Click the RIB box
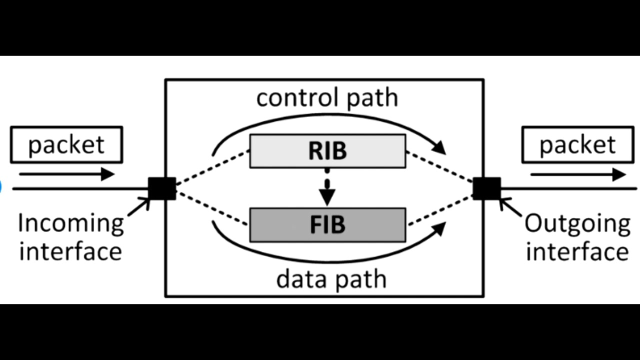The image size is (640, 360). (x=327, y=151)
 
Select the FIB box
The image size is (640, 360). (x=327, y=225)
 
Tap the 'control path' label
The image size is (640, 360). (x=327, y=98)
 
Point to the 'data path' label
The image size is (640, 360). (x=331, y=279)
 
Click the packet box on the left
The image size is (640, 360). (x=66, y=145)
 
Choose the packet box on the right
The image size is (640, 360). (x=578, y=145)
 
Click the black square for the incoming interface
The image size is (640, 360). (x=162, y=188)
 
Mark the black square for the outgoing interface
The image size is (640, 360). (x=487, y=188)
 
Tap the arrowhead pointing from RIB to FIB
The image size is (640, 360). (x=327, y=197)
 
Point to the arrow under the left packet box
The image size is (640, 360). (x=67, y=174)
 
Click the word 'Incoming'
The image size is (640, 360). (x=71, y=224)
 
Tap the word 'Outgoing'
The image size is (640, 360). (x=577, y=224)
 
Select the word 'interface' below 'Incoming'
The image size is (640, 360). (x=70, y=251)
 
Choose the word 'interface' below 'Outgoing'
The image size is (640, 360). (x=577, y=251)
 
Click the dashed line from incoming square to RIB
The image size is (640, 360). (x=213, y=167)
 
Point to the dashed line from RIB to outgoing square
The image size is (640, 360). (x=439, y=166)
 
